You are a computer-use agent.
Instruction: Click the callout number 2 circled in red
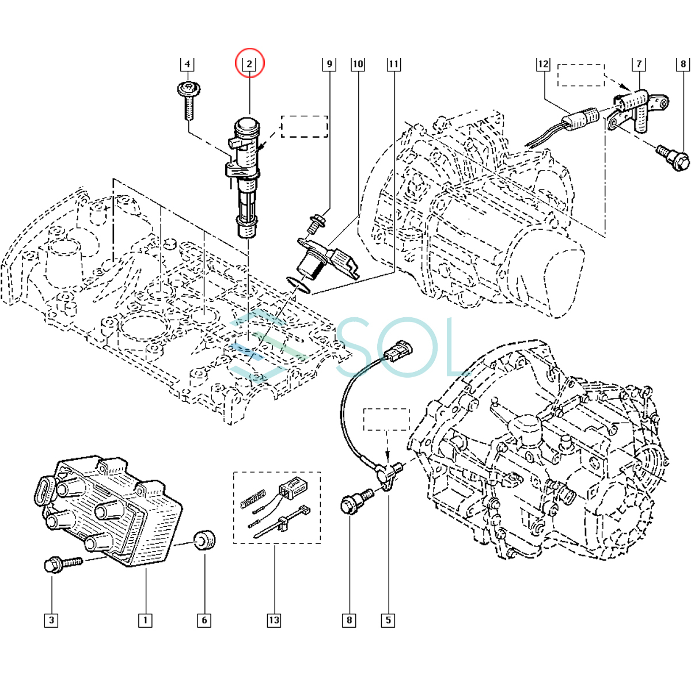point(249,63)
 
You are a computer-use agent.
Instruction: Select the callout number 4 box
point(187,64)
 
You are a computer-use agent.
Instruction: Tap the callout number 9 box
point(329,64)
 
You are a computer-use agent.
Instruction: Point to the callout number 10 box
point(358,64)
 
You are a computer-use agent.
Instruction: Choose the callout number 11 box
point(394,64)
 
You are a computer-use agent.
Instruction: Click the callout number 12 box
point(544,64)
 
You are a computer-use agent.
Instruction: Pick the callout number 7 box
point(639,64)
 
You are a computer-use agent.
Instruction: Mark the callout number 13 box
point(274,620)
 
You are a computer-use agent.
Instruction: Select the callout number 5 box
point(388,620)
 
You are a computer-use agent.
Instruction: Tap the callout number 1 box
point(145,620)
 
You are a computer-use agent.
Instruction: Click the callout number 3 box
point(52,620)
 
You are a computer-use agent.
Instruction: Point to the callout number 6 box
point(204,620)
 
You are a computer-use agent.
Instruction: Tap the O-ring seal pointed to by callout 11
point(298,284)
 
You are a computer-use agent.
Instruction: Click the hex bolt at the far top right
point(674,158)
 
